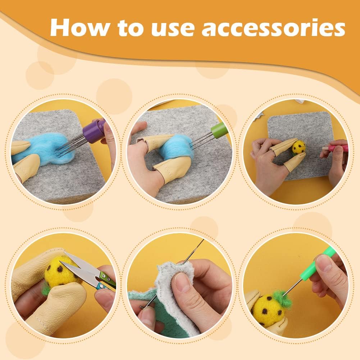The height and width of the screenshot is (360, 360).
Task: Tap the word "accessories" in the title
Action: [273, 28]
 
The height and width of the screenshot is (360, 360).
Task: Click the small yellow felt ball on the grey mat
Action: [299, 147]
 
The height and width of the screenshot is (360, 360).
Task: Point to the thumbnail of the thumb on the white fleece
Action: [184, 283]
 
